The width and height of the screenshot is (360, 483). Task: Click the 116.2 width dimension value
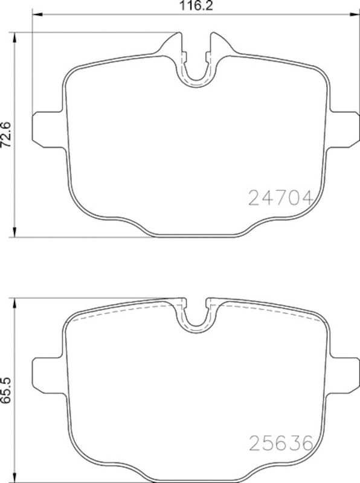[x=196, y=5]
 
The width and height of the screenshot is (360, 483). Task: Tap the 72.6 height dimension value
[x=7, y=135]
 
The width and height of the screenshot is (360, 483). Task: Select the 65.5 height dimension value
[x=7, y=390]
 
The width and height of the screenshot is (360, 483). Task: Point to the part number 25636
[x=280, y=444]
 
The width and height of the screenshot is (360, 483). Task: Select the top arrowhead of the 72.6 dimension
[x=14, y=37]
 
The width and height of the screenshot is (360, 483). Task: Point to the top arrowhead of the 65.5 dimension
[x=14, y=303]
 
